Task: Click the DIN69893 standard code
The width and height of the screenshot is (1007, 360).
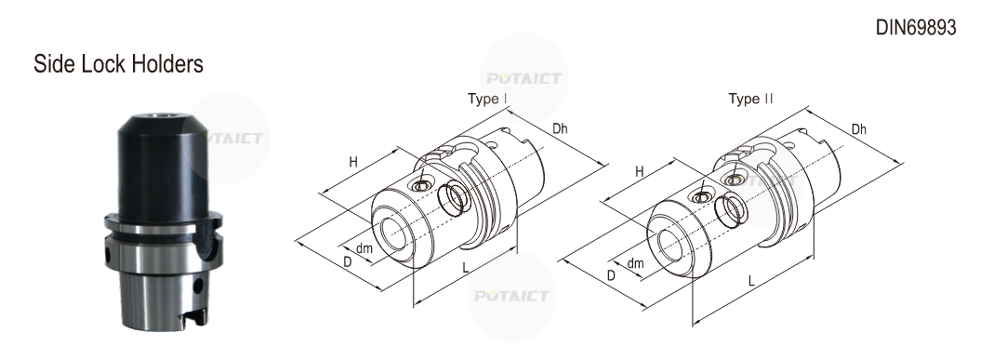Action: tap(916, 28)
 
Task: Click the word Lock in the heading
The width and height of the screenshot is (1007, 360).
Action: tap(105, 64)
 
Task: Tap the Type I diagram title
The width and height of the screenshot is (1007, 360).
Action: tap(487, 99)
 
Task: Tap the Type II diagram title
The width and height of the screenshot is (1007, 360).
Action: tap(750, 99)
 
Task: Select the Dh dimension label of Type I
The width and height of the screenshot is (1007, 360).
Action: tap(560, 128)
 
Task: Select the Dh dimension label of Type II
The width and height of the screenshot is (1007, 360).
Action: tap(858, 129)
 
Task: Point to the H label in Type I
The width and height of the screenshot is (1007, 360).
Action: tap(353, 162)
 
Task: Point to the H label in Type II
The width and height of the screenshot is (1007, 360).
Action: tap(639, 172)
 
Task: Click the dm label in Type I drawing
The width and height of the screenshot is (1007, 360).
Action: tap(364, 248)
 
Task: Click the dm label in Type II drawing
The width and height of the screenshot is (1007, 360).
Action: tap(635, 263)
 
